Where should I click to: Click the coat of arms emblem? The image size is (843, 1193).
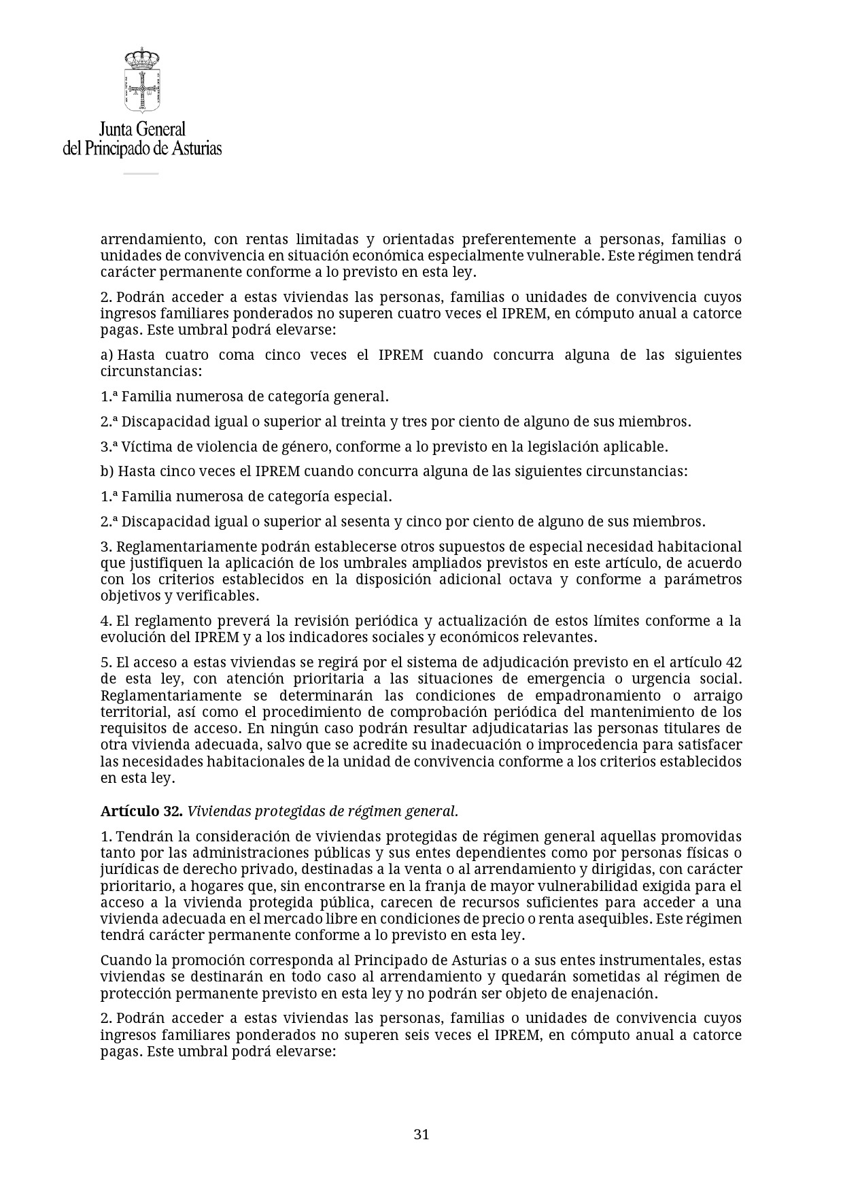[141, 80]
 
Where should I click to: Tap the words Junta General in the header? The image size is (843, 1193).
[142, 129]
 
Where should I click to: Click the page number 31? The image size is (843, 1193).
[421, 1134]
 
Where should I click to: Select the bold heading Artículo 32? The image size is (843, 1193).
[141, 811]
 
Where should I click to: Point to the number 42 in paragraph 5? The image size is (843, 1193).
[734, 662]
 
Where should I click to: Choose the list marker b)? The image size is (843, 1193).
[107, 471]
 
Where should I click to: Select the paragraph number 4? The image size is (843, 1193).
[105, 621]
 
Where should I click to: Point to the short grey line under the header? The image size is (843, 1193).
[141, 173]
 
